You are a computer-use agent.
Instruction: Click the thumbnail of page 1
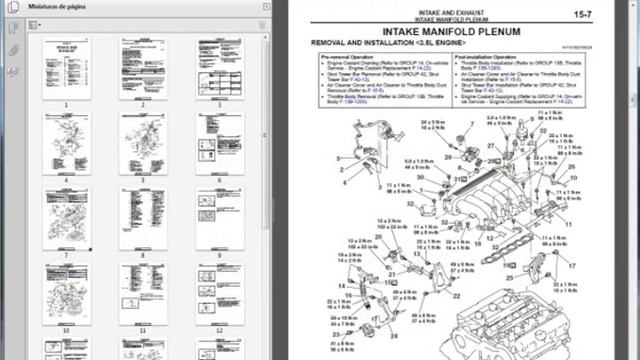click(66, 68)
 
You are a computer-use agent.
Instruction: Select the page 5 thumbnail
click(143, 144)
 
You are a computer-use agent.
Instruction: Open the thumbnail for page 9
click(220, 218)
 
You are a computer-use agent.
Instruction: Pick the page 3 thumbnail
click(220, 68)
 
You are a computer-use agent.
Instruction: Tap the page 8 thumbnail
click(143, 218)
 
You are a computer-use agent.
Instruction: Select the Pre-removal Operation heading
click(348, 58)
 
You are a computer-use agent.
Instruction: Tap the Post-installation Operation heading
click(487, 58)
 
